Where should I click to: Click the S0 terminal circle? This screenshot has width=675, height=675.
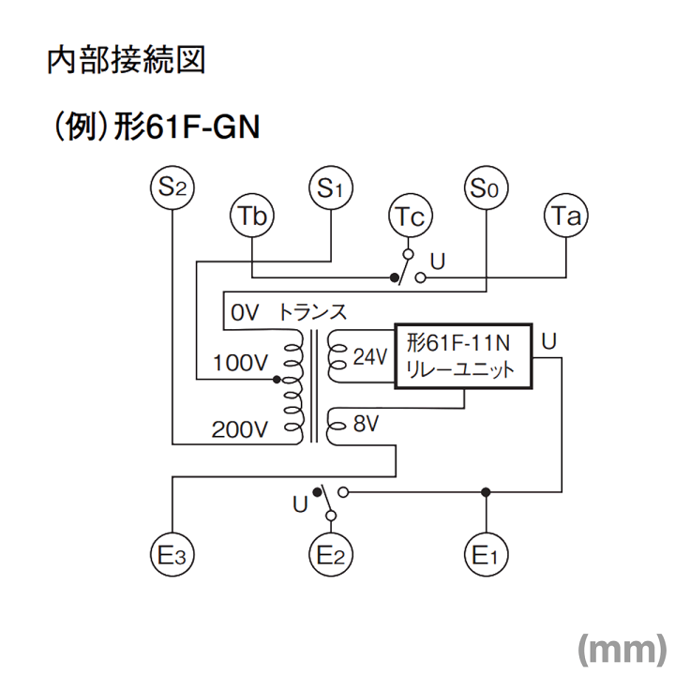coord(486,186)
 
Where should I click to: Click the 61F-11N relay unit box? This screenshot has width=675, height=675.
coord(463,356)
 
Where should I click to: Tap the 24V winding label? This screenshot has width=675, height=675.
coord(369,357)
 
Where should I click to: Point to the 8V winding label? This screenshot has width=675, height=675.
coord(365,425)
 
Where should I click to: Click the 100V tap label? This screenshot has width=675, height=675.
coord(241,363)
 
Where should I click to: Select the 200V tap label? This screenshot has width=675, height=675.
coord(240,430)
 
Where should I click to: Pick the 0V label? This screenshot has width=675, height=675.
coord(244,313)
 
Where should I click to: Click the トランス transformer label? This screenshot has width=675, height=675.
coord(311,312)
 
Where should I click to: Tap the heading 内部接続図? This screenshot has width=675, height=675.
coord(126,62)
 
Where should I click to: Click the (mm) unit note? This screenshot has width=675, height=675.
coord(621,647)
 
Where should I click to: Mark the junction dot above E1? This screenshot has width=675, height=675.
coord(486,492)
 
